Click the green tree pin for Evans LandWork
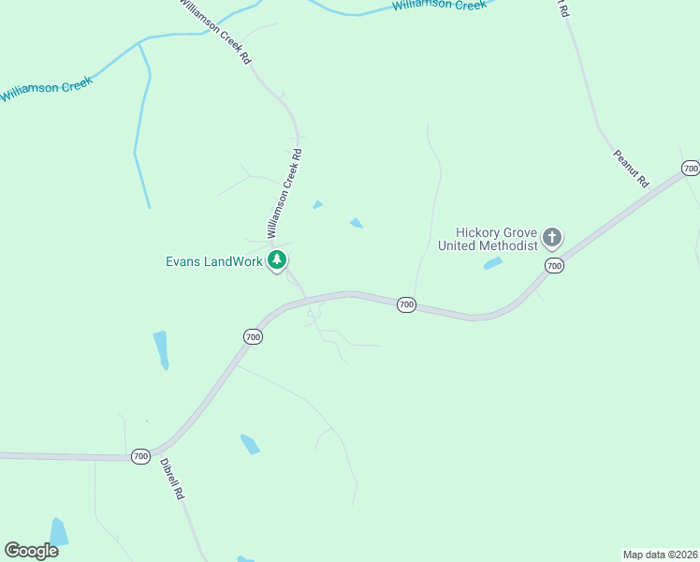(276, 259)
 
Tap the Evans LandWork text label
(214, 261)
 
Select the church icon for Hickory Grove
(552, 237)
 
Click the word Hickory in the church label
(478, 232)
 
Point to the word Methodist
(511, 245)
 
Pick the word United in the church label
(459, 245)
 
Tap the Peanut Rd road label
(631, 169)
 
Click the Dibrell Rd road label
(171, 479)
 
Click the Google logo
(32, 550)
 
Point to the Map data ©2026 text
(660, 554)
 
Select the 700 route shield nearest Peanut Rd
(691, 169)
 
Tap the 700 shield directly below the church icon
(554, 267)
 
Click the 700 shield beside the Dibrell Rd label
(140, 456)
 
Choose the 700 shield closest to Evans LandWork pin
(253, 336)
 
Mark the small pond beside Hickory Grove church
(493, 263)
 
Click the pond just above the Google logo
(58, 531)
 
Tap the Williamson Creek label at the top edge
(440, 6)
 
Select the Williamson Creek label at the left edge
(46, 91)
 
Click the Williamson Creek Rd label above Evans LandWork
(284, 192)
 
